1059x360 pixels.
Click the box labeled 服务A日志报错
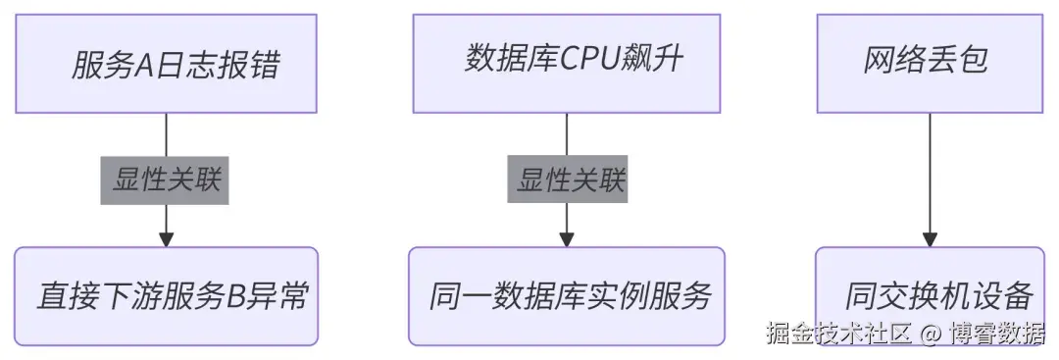point(166,64)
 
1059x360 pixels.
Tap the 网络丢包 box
point(930,63)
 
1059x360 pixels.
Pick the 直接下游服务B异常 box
point(166,295)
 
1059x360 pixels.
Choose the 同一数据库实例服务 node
point(567,295)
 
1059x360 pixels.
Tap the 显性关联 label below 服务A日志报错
point(165,180)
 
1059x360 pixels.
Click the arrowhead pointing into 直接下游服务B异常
point(166,238)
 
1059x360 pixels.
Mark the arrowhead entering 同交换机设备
point(930,238)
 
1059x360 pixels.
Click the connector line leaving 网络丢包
point(930,167)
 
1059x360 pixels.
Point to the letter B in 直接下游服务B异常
point(236,296)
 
